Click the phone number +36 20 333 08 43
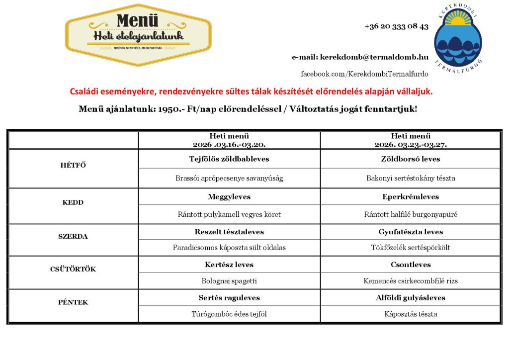[x=396, y=26]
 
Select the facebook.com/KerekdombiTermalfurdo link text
[x=364, y=74]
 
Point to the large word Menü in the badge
[x=138, y=21]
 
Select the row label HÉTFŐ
[x=73, y=166]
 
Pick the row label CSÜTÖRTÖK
[x=73, y=269]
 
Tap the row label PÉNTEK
[x=73, y=302]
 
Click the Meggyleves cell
[x=229, y=197]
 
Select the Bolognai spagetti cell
[x=229, y=281]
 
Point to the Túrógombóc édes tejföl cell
[x=229, y=314]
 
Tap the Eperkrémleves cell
[x=411, y=197]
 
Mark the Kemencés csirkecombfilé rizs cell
[x=411, y=281]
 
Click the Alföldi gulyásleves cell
[x=411, y=298]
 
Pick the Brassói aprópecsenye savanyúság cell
[x=229, y=178]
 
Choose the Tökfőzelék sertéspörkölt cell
[x=411, y=247]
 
